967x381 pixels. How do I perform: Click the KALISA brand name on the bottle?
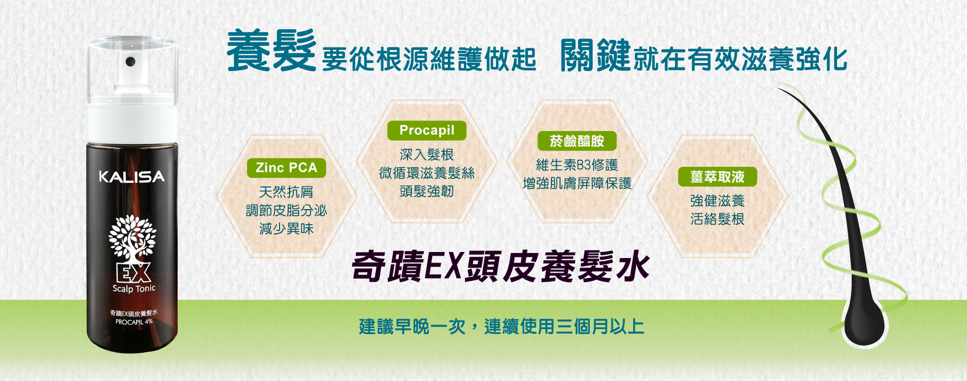(x=131, y=176)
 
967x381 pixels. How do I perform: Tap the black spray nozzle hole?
(x=130, y=61)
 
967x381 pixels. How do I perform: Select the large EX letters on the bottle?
(x=133, y=273)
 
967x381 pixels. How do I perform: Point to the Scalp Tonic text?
(x=134, y=289)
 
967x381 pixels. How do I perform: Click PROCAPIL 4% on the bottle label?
(x=134, y=322)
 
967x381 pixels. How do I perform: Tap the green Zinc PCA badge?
(x=287, y=168)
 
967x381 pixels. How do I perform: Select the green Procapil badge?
(x=427, y=131)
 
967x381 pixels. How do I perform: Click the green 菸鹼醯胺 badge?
(x=577, y=141)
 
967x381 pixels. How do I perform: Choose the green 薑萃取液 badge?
(x=717, y=177)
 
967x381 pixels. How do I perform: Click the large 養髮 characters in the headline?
(x=271, y=51)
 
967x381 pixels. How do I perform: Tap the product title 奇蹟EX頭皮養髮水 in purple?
(x=501, y=266)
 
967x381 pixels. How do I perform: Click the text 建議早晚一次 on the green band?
(x=412, y=327)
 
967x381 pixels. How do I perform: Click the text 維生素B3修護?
(x=577, y=165)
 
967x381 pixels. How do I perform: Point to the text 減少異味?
(x=287, y=229)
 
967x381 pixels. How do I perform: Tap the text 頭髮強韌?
(x=427, y=192)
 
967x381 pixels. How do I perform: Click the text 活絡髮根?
(x=717, y=219)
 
